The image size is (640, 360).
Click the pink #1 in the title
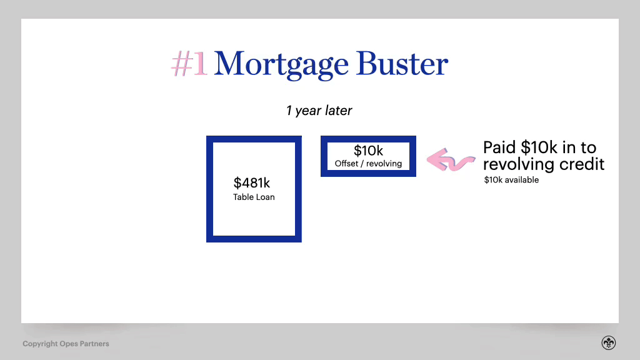coord(188,64)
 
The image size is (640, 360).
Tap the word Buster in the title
coord(402,64)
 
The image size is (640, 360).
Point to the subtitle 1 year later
coord(319,111)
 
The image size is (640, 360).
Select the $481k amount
coord(252,183)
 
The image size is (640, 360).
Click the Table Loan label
coord(254,197)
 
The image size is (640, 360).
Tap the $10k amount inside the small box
coord(368,151)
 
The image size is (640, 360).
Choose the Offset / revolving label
coord(368,164)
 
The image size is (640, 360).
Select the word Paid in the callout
coord(500,147)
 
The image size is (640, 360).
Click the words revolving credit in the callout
coord(544,164)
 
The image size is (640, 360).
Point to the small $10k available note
coord(511,180)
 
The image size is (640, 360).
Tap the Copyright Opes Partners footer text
coord(66,344)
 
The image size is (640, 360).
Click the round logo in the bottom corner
coord(609,342)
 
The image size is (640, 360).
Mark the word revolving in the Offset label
coord(384,164)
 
